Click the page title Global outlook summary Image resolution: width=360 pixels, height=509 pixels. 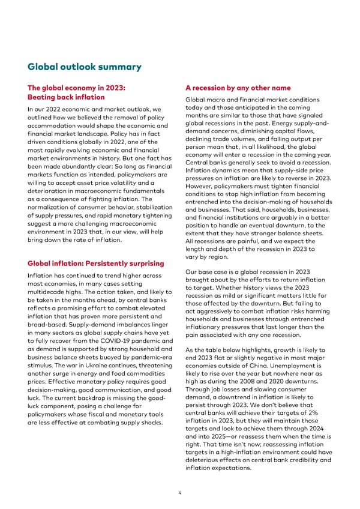tap(84, 67)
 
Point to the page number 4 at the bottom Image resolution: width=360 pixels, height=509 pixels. tap(179, 493)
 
